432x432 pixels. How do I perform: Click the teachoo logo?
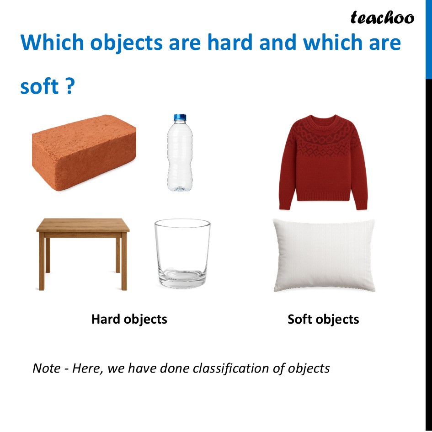coord(382,18)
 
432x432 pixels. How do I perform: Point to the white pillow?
coord(324,255)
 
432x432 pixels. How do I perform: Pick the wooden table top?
coord(83,225)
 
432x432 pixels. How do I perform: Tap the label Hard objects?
coord(129,319)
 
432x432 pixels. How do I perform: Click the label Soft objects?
coord(323,319)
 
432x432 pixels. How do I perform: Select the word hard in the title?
coord(229,43)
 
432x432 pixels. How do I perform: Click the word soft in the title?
coord(39,86)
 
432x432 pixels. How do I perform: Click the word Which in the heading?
coord(52,43)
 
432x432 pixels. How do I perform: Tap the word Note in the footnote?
coord(46,368)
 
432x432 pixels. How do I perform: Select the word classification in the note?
coord(230,368)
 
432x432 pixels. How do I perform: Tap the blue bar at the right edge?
coord(428,39)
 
